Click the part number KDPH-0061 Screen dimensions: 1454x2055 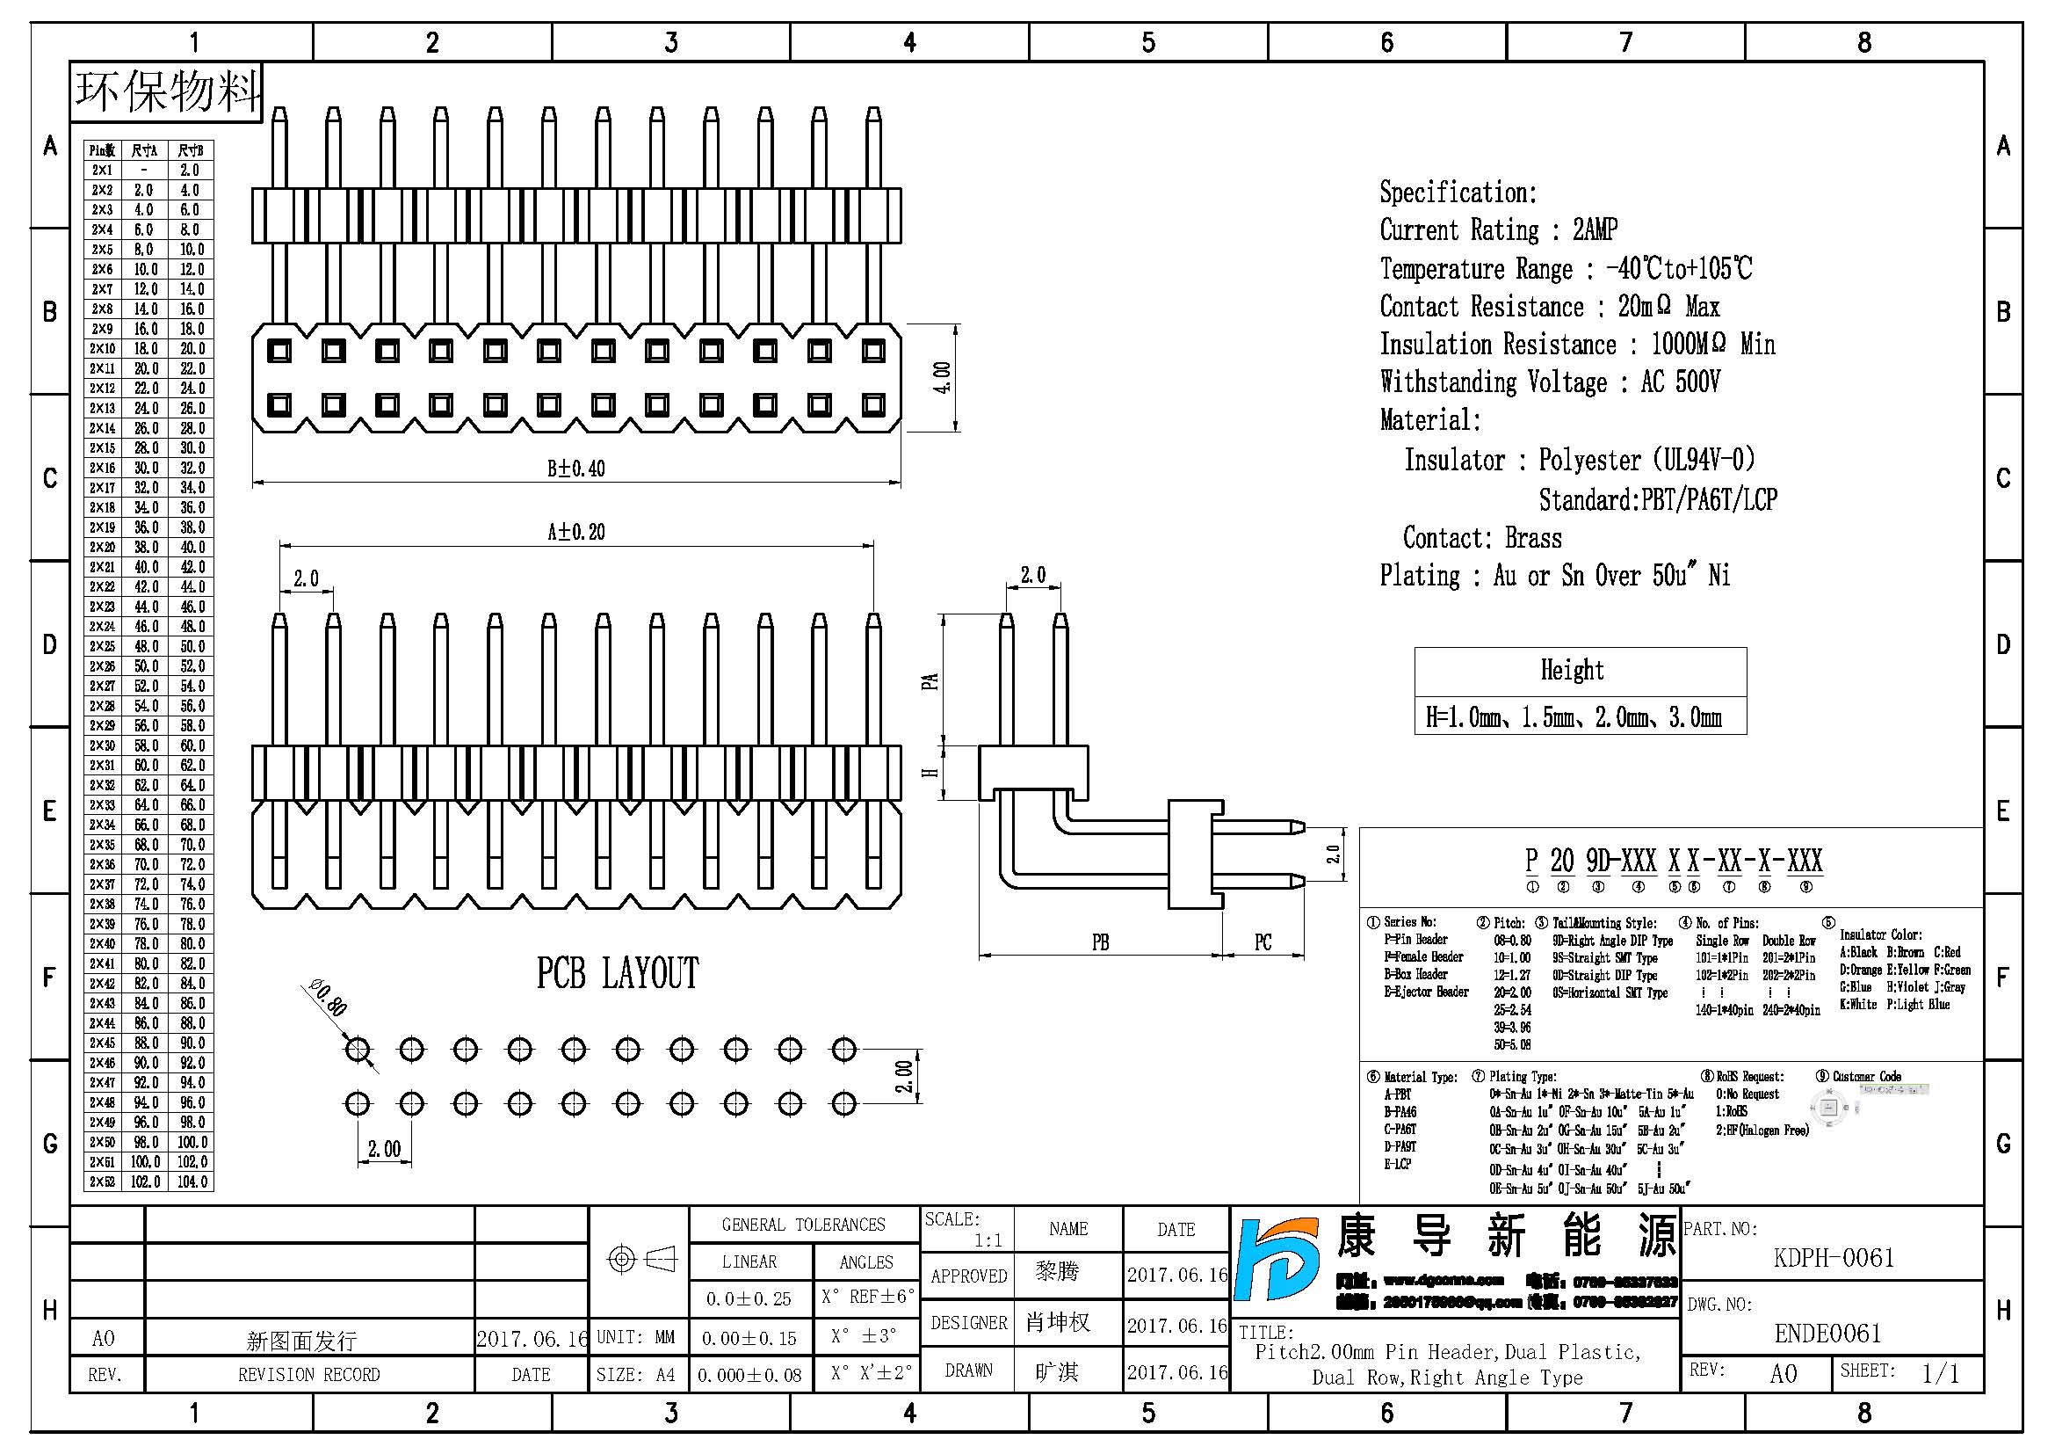(1833, 1258)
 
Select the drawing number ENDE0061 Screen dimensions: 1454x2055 (1827, 1334)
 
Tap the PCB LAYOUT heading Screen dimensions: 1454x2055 (618, 973)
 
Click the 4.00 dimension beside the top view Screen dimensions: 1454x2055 (942, 378)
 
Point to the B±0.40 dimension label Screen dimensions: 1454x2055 (575, 469)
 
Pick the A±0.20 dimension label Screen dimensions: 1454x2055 (575, 532)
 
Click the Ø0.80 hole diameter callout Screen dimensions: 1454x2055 (329, 998)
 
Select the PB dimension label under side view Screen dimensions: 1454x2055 (1100, 941)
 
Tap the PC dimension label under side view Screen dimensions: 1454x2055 (1262, 941)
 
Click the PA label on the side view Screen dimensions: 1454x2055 (930, 681)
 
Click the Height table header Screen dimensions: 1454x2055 (1572, 671)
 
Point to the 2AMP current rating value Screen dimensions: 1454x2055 (1595, 230)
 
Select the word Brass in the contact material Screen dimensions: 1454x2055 (1533, 538)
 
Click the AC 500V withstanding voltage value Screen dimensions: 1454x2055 (1680, 382)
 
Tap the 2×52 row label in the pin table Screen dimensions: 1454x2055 (102, 1181)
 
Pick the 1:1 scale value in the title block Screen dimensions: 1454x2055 (988, 1240)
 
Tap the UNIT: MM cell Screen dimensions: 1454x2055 (635, 1337)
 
